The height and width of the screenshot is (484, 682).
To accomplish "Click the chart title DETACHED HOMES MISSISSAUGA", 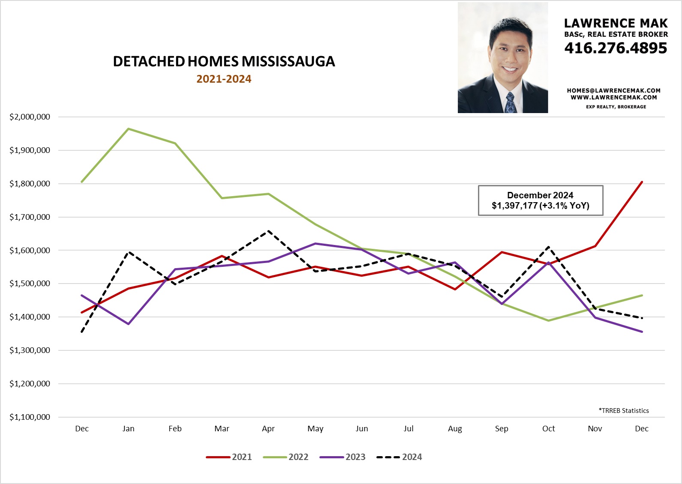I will click(x=224, y=62).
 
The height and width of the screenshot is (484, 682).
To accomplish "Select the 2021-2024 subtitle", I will click(x=224, y=79).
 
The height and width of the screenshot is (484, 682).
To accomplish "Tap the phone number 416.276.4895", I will click(x=616, y=48).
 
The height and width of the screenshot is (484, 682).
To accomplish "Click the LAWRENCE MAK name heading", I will click(x=616, y=23).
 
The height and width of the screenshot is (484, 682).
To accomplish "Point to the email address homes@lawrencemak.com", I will click(x=613, y=90).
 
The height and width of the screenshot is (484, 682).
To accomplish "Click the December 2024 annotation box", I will click(x=540, y=200).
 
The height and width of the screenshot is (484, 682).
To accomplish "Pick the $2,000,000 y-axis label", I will click(x=30, y=117).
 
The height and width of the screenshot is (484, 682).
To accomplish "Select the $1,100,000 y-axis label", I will click(x=30, y=417).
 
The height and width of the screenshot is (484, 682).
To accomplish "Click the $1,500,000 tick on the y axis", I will click(x=30, y=284).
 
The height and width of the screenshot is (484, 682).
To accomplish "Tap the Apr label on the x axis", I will click(x=268, y=429).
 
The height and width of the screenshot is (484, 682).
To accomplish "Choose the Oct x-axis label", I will click(x=548, y=429).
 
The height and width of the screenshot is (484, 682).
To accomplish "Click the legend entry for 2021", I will click(x=229, y=457).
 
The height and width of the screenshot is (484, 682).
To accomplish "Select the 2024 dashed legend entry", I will click(x=400, y=457).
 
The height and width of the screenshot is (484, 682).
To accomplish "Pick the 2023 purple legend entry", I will click(x=343, y=457).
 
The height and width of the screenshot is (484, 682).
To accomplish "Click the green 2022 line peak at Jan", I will click(x=129, y=128).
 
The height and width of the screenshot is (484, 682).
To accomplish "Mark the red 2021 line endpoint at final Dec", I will click(x=642, y=182).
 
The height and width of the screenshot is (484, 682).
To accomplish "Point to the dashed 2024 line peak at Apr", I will click(x=268, y=231).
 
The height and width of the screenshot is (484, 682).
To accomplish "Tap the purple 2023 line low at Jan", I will click(x=129, y=324).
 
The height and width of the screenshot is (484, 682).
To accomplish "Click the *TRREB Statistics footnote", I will click(x=624, y=411).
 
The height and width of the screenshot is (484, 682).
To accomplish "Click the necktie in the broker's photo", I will click(x=510, y=103).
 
